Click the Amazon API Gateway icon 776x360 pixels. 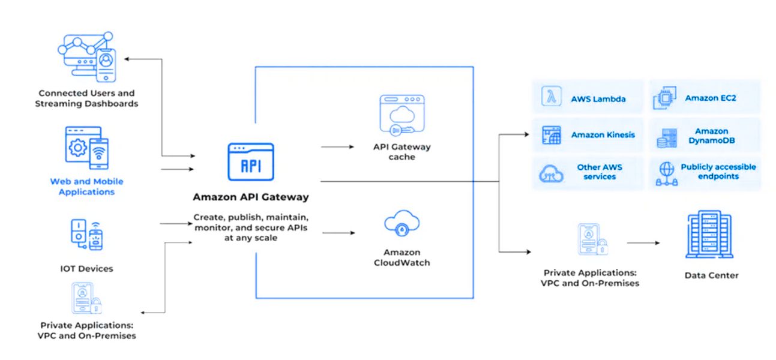[x=250, y=162]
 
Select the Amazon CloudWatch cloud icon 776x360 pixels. [x=401, y=225]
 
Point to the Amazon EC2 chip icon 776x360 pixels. [x=665, y=98]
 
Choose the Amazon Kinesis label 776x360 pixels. [x=603, y=135]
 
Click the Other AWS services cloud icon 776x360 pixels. [x=551, y=173]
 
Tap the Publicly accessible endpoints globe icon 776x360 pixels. [x=666, y=173]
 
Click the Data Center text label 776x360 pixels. [x=711, y=275]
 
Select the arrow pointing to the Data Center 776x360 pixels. [x=643, y=243]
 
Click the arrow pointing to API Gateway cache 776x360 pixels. [x=337, y=146]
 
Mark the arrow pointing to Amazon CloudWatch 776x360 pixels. [x=337, y=232]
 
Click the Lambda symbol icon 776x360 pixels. [x=550, y=98]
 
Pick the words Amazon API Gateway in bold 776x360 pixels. [x=250, y=197]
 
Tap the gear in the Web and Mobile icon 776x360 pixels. [x=78, y=148]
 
